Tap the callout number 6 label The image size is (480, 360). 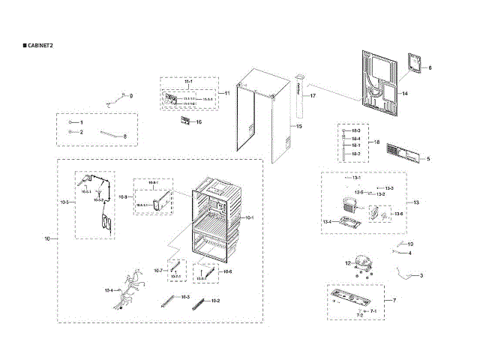pos(430,68)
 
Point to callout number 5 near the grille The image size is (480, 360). pos(428,158)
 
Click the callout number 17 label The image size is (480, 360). pos(313,97)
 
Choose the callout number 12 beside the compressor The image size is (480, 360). pos(347,263)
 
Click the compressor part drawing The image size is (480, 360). pos(364,262)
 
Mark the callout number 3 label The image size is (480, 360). pos(421,276)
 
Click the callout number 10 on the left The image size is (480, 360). pos(46,238)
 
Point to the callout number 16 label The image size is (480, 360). pos(199,121)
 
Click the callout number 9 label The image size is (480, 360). pos(130,96)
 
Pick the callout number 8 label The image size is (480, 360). pos(125,136)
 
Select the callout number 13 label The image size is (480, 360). pos(416,202)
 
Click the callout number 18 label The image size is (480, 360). pos(377,142)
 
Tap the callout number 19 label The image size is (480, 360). pos(410,244)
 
